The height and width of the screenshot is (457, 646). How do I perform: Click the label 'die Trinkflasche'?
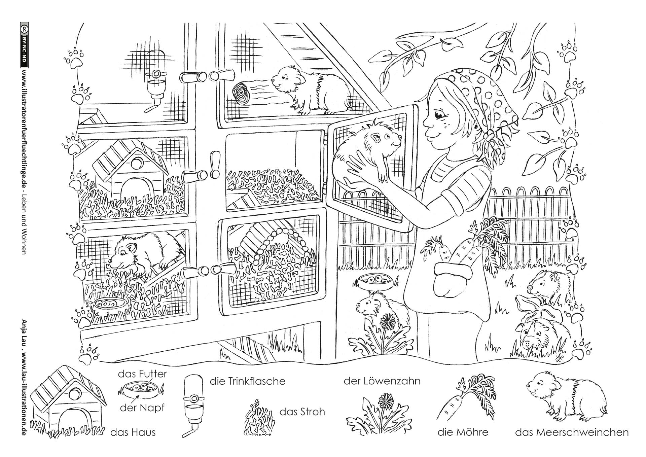tap(247, 381)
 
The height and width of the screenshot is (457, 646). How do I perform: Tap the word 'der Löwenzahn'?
tap(382, 381)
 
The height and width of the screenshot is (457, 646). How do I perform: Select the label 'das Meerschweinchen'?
tap(572, 432)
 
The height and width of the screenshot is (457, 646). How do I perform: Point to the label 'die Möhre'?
tap(463, 432)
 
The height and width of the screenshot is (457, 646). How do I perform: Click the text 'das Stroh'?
tap(302, 412)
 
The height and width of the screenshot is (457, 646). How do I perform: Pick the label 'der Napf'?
tap(142, 408)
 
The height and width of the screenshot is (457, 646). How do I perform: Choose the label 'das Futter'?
tap(142, 374)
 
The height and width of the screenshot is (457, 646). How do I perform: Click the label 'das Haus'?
tap(133, 432)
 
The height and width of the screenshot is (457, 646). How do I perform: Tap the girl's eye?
tap(439, 116)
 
